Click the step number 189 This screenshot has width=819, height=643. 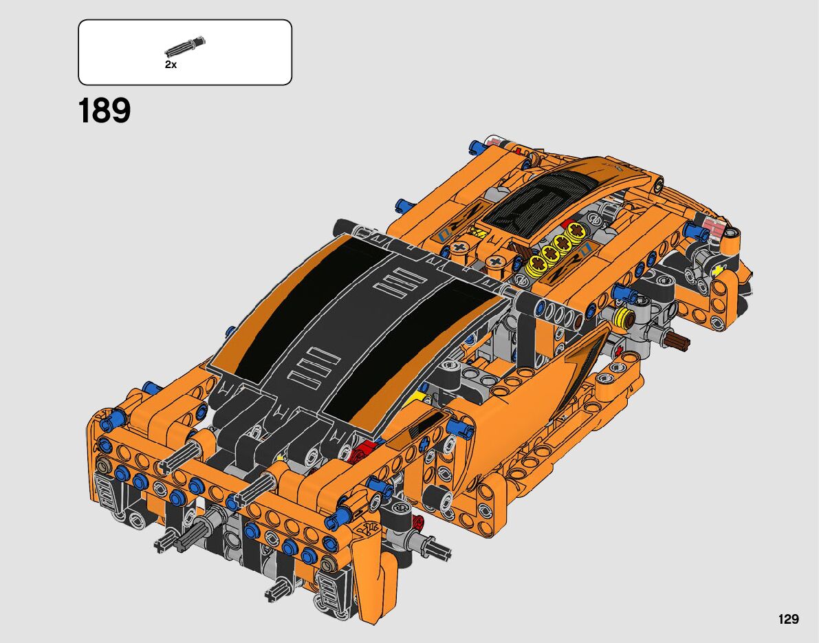tap(104, 110)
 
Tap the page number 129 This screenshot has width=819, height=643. tap(788, 619)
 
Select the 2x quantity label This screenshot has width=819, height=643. tap(171, 65)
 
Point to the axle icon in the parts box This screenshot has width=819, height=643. tap(186, 46)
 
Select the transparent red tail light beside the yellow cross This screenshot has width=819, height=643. tap(712, 228)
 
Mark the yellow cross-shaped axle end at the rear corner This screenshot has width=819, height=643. tap(719, 270)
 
